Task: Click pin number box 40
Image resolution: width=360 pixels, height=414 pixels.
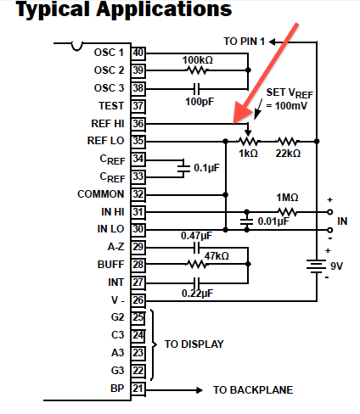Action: click(x=138, y=53)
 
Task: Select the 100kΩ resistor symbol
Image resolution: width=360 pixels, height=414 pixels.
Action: click(x=197, y=70)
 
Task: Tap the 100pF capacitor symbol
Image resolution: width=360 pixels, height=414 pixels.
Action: click(x=197, y=89)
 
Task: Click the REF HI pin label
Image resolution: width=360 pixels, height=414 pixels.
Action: click(x=108, y=124)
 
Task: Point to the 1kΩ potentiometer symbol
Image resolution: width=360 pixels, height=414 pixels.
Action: click(x=248, y=141)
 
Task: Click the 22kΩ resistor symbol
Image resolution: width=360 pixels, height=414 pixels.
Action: click(x=288, y=141)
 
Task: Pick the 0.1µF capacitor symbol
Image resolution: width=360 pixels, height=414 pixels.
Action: click(x=183, y=168)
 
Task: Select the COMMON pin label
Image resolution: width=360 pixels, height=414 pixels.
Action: click(x=101, y=194)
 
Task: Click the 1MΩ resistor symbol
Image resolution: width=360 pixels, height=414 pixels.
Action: click(x=287, y=212)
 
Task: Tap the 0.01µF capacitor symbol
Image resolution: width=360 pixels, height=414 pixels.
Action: click(x=246, y=221)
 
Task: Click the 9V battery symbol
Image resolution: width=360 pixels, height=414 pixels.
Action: click(x=317, y=266)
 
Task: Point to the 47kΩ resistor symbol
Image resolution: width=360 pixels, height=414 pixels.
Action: click(x=197, y=265)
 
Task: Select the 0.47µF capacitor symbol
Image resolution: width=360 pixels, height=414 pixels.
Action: click(x=196, y=248)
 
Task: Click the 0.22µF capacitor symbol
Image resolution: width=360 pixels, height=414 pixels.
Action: click(x=196, y=283)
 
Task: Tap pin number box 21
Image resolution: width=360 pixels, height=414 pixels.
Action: click(x=138, y=389)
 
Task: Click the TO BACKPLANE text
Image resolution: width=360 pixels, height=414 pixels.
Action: click(x=253, y=390)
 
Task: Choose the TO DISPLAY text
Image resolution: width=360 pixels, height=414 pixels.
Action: click(x=194, y=344)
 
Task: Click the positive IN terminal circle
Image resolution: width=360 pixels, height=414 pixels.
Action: click(x=329, y=212)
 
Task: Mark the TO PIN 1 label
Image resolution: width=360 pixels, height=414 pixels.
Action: click(x=245, y=42)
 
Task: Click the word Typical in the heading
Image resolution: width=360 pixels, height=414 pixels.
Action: click(x=53, y=9)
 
